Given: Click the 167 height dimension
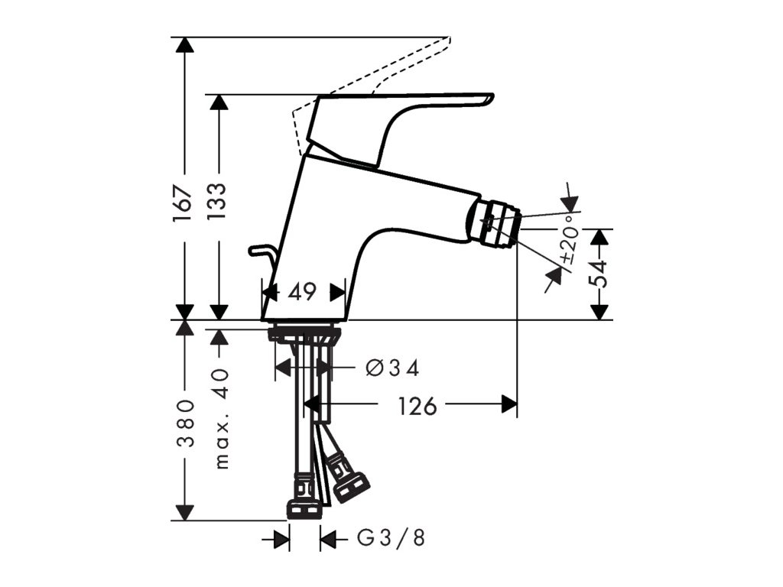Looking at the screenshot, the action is pos(182,203).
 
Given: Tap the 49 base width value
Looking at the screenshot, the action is pos(303,291).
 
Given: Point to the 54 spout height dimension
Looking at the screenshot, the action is pos(600,273).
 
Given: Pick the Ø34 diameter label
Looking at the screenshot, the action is pos(393,368).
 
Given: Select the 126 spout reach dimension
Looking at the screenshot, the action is pos(417,405).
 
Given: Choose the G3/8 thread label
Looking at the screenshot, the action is pos(391,539).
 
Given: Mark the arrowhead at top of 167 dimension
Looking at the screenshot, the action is pos(182,44).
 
